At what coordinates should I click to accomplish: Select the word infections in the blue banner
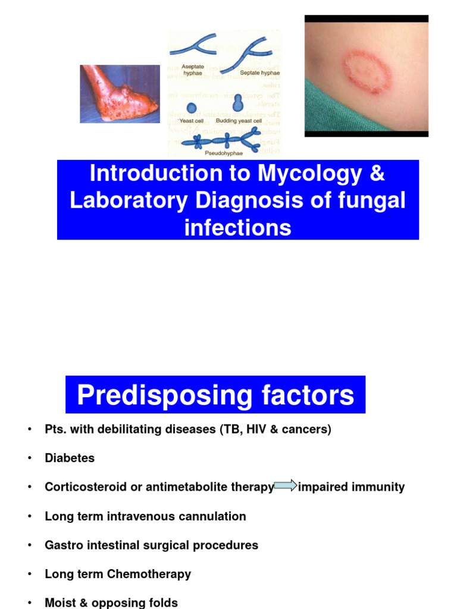click(238, 227)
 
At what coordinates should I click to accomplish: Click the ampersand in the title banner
click(377, 174)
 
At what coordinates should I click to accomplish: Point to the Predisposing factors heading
click(215, 395)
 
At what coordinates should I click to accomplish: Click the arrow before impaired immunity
click(286, 486)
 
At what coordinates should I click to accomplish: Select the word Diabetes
click(70, 458)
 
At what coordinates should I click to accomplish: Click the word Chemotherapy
click(156, 575)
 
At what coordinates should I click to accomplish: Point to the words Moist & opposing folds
click(111, 603)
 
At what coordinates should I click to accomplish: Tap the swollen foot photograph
click(120, 93)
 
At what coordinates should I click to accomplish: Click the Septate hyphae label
click(259, 73)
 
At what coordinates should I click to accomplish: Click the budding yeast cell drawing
click(239, 103)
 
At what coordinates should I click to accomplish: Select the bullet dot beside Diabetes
click(29, 458)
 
